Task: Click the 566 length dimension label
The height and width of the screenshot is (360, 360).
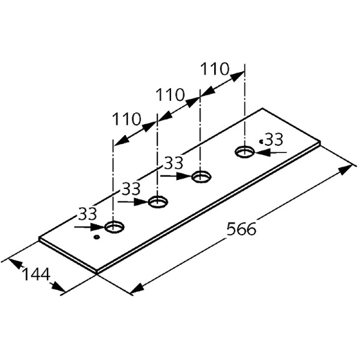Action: [241, 229]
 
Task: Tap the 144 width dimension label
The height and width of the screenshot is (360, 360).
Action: [36, 274]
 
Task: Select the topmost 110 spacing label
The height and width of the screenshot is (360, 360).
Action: [215, 68]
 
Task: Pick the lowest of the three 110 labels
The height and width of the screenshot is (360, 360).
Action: [127, 119]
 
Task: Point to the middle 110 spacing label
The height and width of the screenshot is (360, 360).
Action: [170, 95]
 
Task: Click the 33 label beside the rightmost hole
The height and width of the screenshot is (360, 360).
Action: [274, 139]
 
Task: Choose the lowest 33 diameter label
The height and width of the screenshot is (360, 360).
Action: [88, 214]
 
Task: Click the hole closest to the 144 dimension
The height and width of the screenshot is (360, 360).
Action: [115, 227]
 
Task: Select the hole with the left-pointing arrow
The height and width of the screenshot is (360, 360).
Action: [245, 152]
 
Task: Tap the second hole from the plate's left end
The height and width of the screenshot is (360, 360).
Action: [158, 202]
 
